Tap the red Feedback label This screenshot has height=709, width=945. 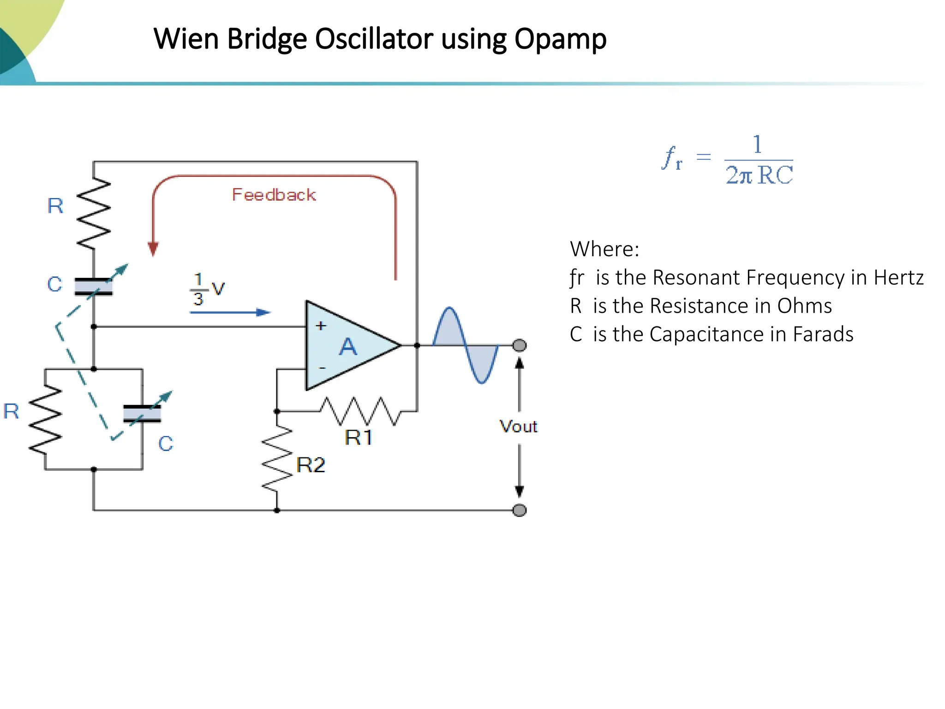click(x=274, y=195)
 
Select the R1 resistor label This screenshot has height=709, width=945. click(x=359, y=438)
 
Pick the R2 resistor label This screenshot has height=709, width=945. click(x=311, y=465)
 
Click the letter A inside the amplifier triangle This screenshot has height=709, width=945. click(x=348, y=347)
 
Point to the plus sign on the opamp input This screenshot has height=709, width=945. click(x=321, y=326)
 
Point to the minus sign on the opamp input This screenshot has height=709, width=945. click(x=322, y=368)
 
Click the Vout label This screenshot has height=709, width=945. click(x=519, y=427)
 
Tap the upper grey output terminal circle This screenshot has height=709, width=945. click(x=520, y=345)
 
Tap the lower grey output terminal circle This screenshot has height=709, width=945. click(x=520, y=510)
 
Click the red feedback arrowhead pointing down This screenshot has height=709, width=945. click(x=153, y=249)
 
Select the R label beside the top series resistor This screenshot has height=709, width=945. click(x=55, y=206)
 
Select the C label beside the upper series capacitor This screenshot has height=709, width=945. click(x=54, y=284)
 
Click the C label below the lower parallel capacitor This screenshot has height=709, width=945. click(x=166, y=444)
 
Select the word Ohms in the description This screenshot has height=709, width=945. click(x=804, y=306)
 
